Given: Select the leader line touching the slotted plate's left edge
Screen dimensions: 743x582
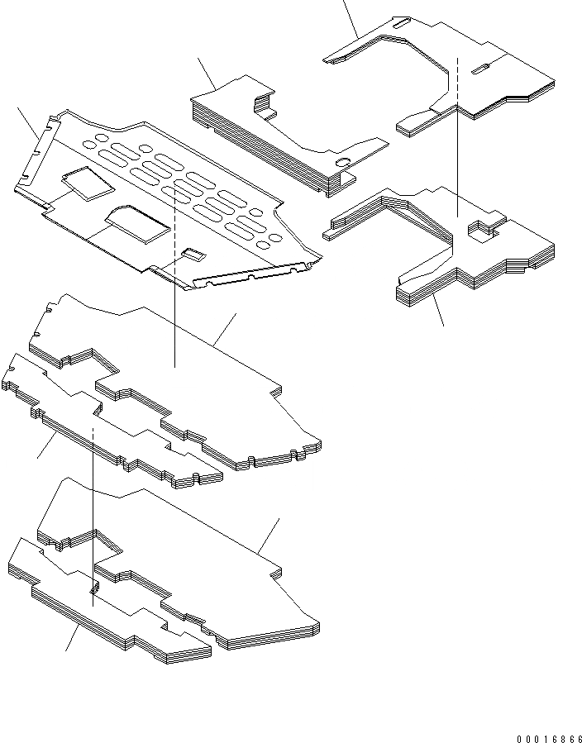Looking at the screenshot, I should (30, 122).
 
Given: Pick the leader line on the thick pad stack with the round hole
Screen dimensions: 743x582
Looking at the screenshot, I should (208, 74).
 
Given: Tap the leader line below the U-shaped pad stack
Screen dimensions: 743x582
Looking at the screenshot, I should (440, 312).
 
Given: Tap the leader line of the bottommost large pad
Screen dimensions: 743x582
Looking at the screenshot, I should (269, 535).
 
